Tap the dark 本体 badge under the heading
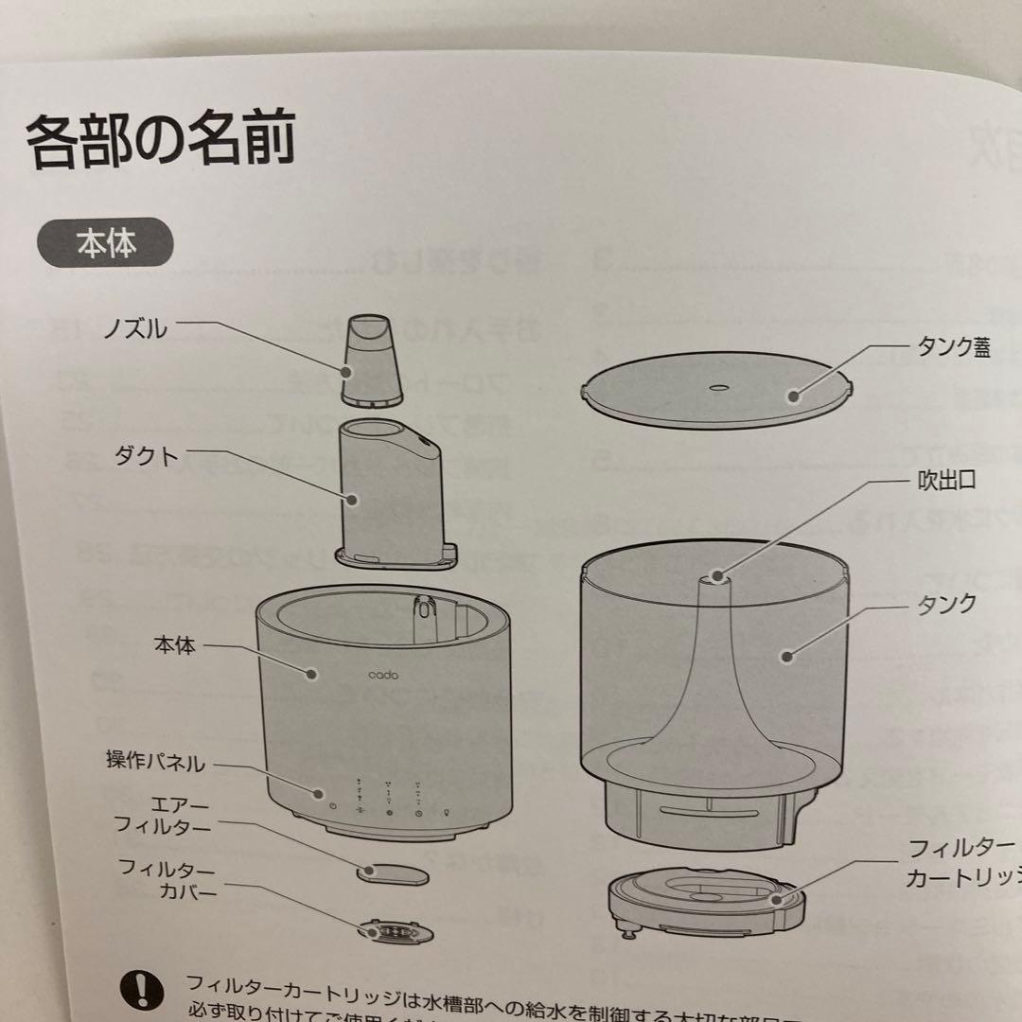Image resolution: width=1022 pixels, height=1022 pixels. coord(105,244)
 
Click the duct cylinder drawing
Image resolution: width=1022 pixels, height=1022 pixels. coord(390,492)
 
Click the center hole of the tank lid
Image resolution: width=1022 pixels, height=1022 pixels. coord(717,387)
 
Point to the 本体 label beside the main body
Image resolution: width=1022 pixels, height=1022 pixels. coord(174,647)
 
